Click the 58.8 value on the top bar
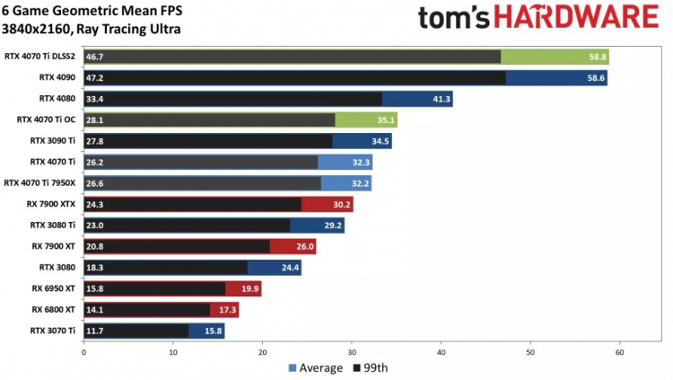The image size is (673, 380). pyautogui.click(x=597, y=57)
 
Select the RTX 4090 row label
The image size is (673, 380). pyautogui.click(x=58, y=77)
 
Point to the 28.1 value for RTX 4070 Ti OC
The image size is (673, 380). pyautogui.click(x=95, y=119)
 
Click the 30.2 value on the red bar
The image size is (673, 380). pyautogui.click(x=342, y=204)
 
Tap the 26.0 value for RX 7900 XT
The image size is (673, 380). pyautogui.click(x=304, y=246)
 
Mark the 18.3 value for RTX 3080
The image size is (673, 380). pyautogui.click(x=95, y=267)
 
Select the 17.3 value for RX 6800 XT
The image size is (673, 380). pyautogui.click(x=226, y=310)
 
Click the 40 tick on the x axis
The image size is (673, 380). pyautogui.click(x=441, y=353)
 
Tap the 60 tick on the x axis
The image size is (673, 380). pyautogui.click(x=619, y=353)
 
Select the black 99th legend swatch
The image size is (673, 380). pyautogui.click(x=355, y=367)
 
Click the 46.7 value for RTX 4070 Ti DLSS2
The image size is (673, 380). pyautogui.click(x=95, y=57)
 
